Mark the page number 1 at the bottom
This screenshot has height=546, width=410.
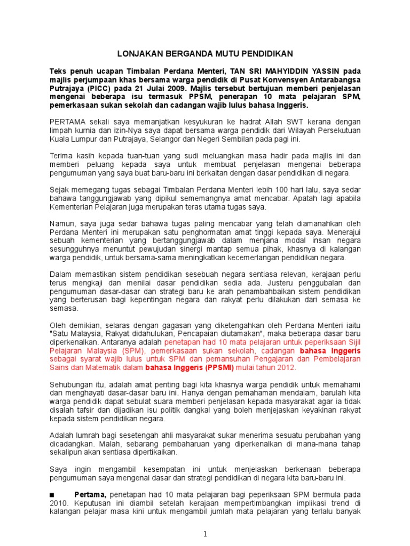[205, 533]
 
